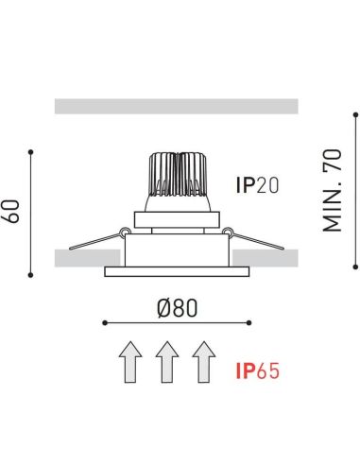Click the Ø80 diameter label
177,307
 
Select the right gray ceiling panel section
267,256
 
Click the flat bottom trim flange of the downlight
177,272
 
